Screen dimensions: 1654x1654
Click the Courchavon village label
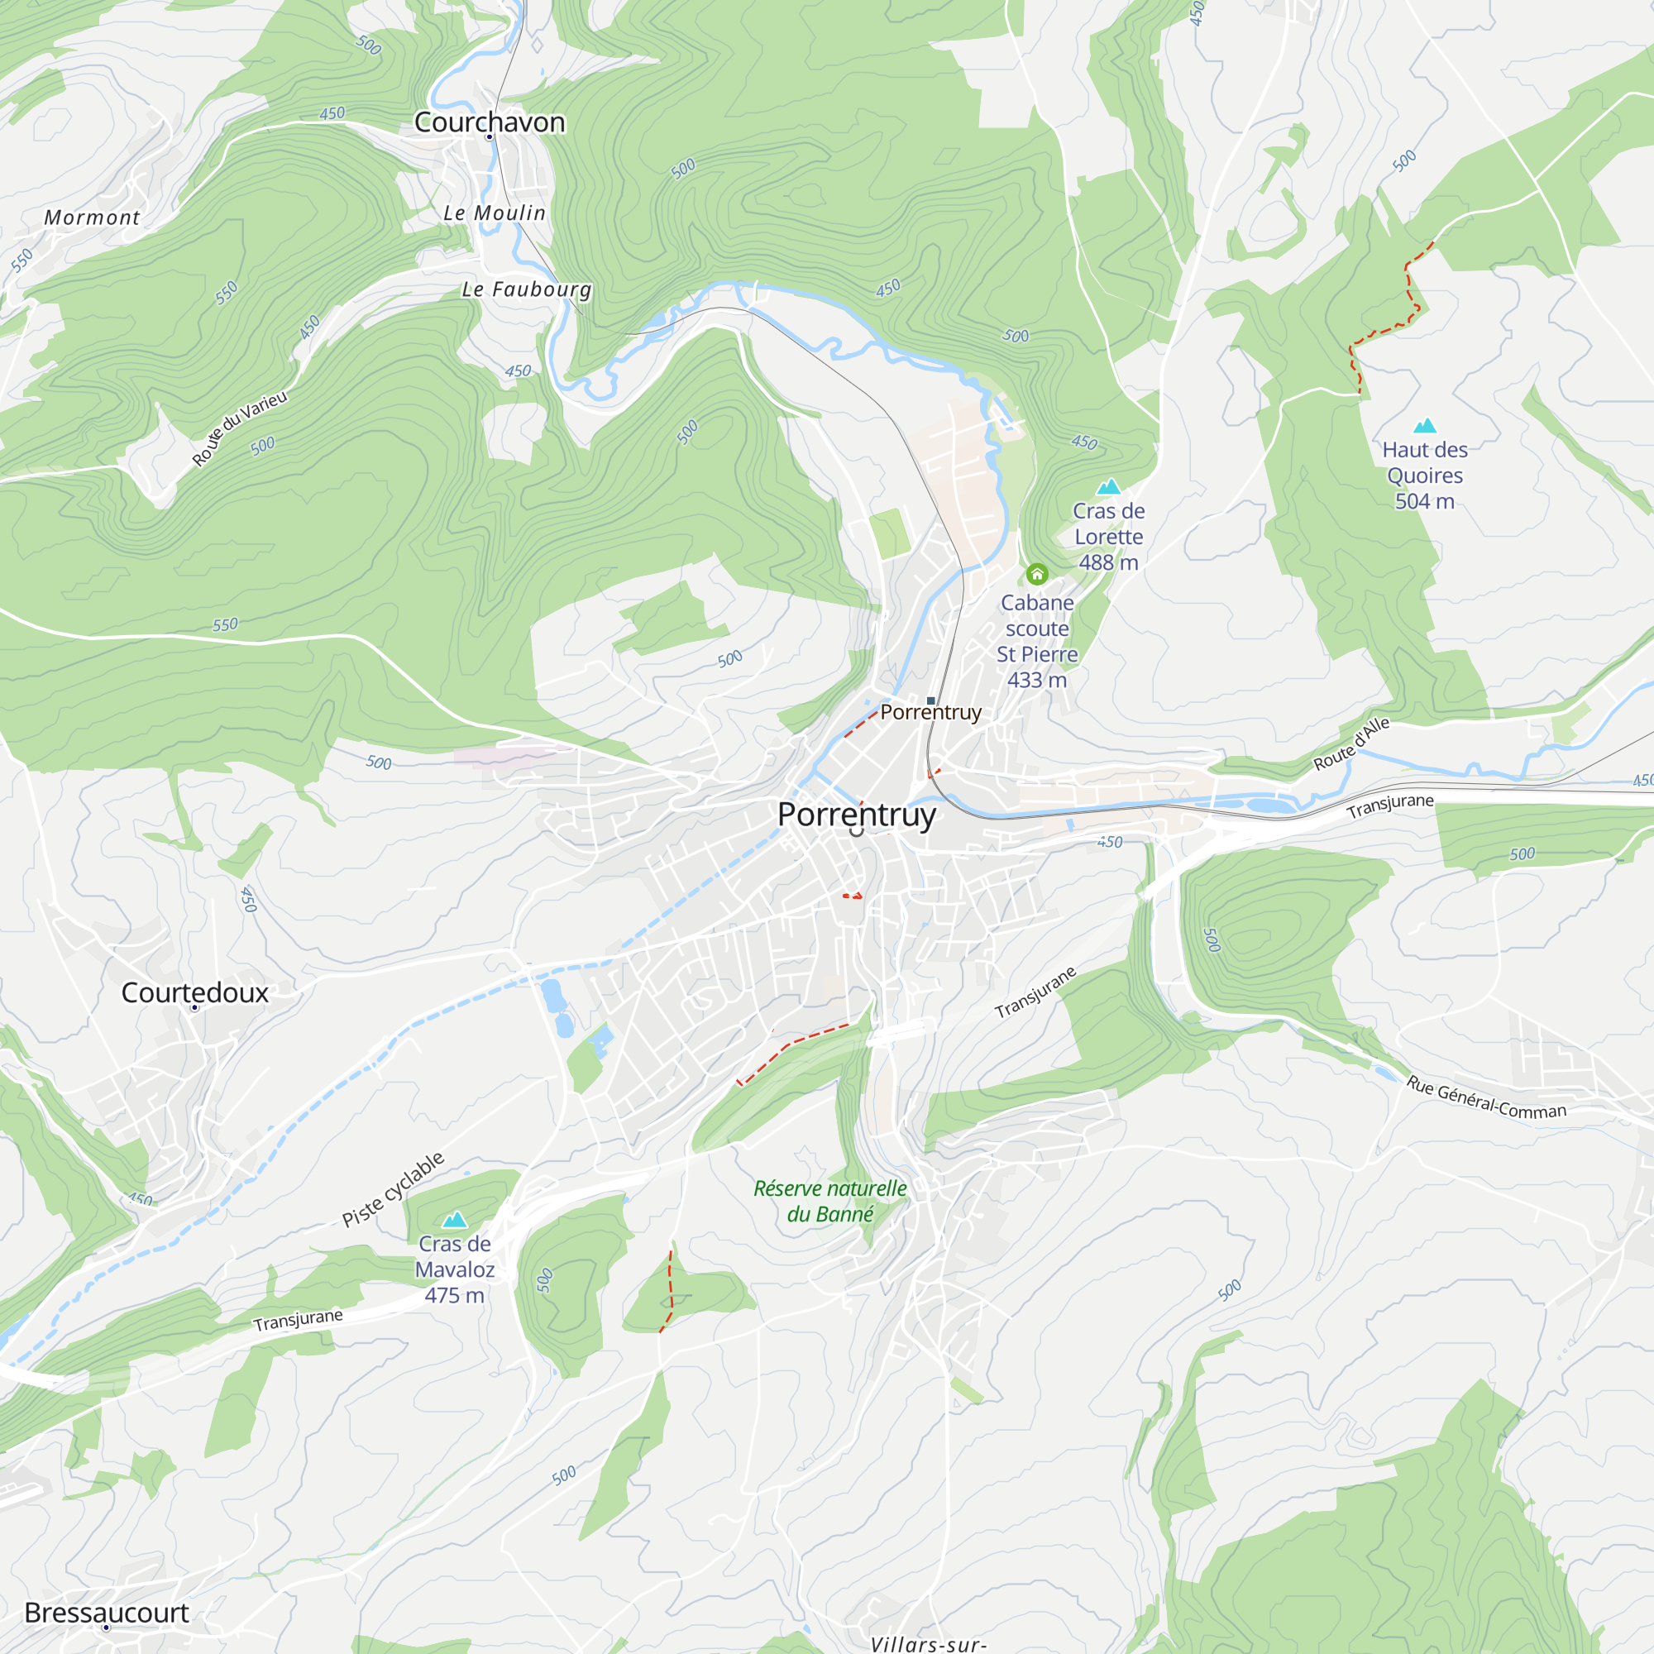pyautogui.click(x=489, y=122)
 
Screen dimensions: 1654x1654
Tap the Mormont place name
pyautogui.click(x=92, y=218)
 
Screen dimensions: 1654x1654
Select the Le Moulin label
pyautogui.click(x=494, y=213)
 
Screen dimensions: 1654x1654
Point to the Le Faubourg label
pyautogui.click(x=526, y=289)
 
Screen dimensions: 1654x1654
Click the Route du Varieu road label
pyautogui.click(x=239, y=428)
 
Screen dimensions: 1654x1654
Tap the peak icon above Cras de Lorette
pyautogui.click(x=1109, y=487)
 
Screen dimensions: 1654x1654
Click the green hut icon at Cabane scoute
pyautogui.click(x=1037, y=574)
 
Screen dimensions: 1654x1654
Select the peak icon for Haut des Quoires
pyautogui.click(x=1425, y=425)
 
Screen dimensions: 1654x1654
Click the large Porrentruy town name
pyautogui.click(x=856, y=814)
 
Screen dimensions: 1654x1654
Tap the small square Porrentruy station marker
pyautogui.click(x=930, y=700)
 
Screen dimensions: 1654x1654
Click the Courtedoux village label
pyautogui.click(x=194, y=992)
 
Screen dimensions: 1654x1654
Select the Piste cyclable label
pyautogui.click(x=393, y=1189)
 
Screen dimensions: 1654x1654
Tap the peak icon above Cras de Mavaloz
pyautogui.click(x=455, y=1219)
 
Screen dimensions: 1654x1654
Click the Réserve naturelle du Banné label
pyautogui.click(x=829, y=1201)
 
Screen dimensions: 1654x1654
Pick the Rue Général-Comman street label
pyautogui.click(x=1486, y=1098)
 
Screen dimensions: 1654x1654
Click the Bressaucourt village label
pyautogui.click(x=106, y=1612)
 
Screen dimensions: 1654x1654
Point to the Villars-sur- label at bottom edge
pyautogui.click(x=928, y=1644)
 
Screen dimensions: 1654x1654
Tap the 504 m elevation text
pyautogui.click(x=1425, y=502)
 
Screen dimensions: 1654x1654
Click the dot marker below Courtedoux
pyautogui.click(x=194, y=1007)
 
